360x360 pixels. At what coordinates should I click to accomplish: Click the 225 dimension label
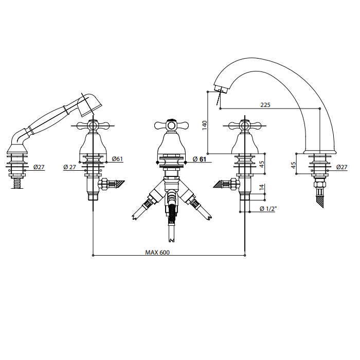(x=265, y=105)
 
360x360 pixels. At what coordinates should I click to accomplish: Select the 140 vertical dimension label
(x=204, y=125)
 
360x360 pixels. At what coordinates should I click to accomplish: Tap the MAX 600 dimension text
(x=157, y=253)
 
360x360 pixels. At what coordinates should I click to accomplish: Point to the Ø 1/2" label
(x=268, y=208)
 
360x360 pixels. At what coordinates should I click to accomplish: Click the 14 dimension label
(x=262, y=187)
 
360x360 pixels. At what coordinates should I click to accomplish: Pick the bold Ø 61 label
(x=200, y=159)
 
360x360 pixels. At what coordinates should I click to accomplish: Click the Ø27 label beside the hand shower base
(x=39, y=167)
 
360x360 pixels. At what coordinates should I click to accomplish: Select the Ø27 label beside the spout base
(x=342, y=167)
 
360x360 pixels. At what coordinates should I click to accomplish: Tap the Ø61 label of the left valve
(x=117, y=159)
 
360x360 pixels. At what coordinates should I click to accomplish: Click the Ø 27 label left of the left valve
(x=69, y=167)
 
